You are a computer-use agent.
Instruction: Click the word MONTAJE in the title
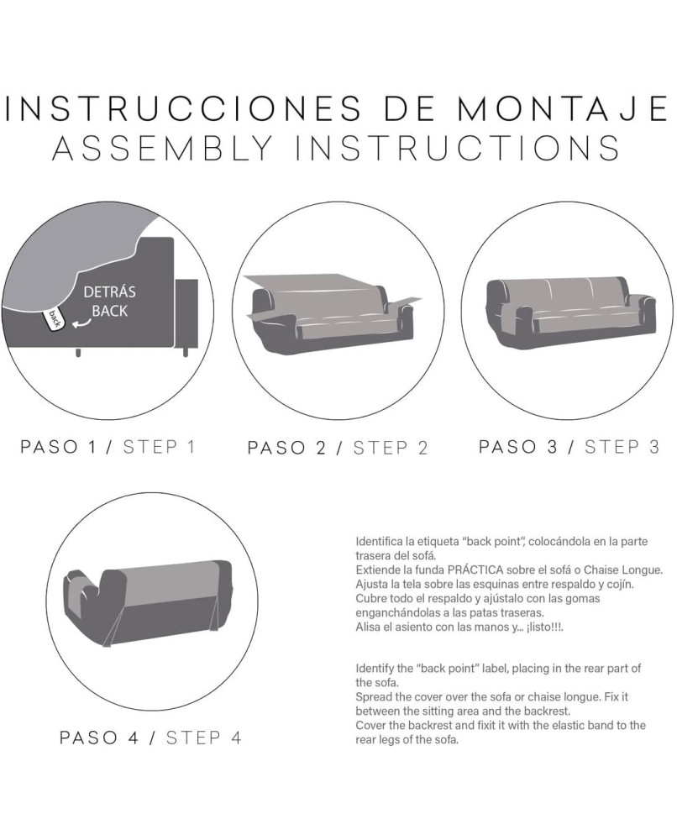[x=563, y=108]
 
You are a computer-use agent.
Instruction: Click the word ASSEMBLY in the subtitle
[x=162, y=148]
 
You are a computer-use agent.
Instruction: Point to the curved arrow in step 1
[x=81, y=323]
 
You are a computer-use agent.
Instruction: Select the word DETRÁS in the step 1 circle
[x=110, y=292]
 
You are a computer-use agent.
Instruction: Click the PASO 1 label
[x=59, y=447]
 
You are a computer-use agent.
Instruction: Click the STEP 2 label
[x=391, y=448]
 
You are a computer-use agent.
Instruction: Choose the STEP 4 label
[x=203, y=738]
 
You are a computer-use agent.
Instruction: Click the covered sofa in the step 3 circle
[x=571, y=313]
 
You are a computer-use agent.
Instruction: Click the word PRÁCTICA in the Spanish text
[x=475, y=570]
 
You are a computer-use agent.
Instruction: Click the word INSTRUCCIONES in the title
[x=182, y=108]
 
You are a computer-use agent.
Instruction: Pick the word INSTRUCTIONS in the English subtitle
[x=459, y=148]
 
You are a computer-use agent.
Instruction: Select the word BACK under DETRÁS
[x=110, y=312]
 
